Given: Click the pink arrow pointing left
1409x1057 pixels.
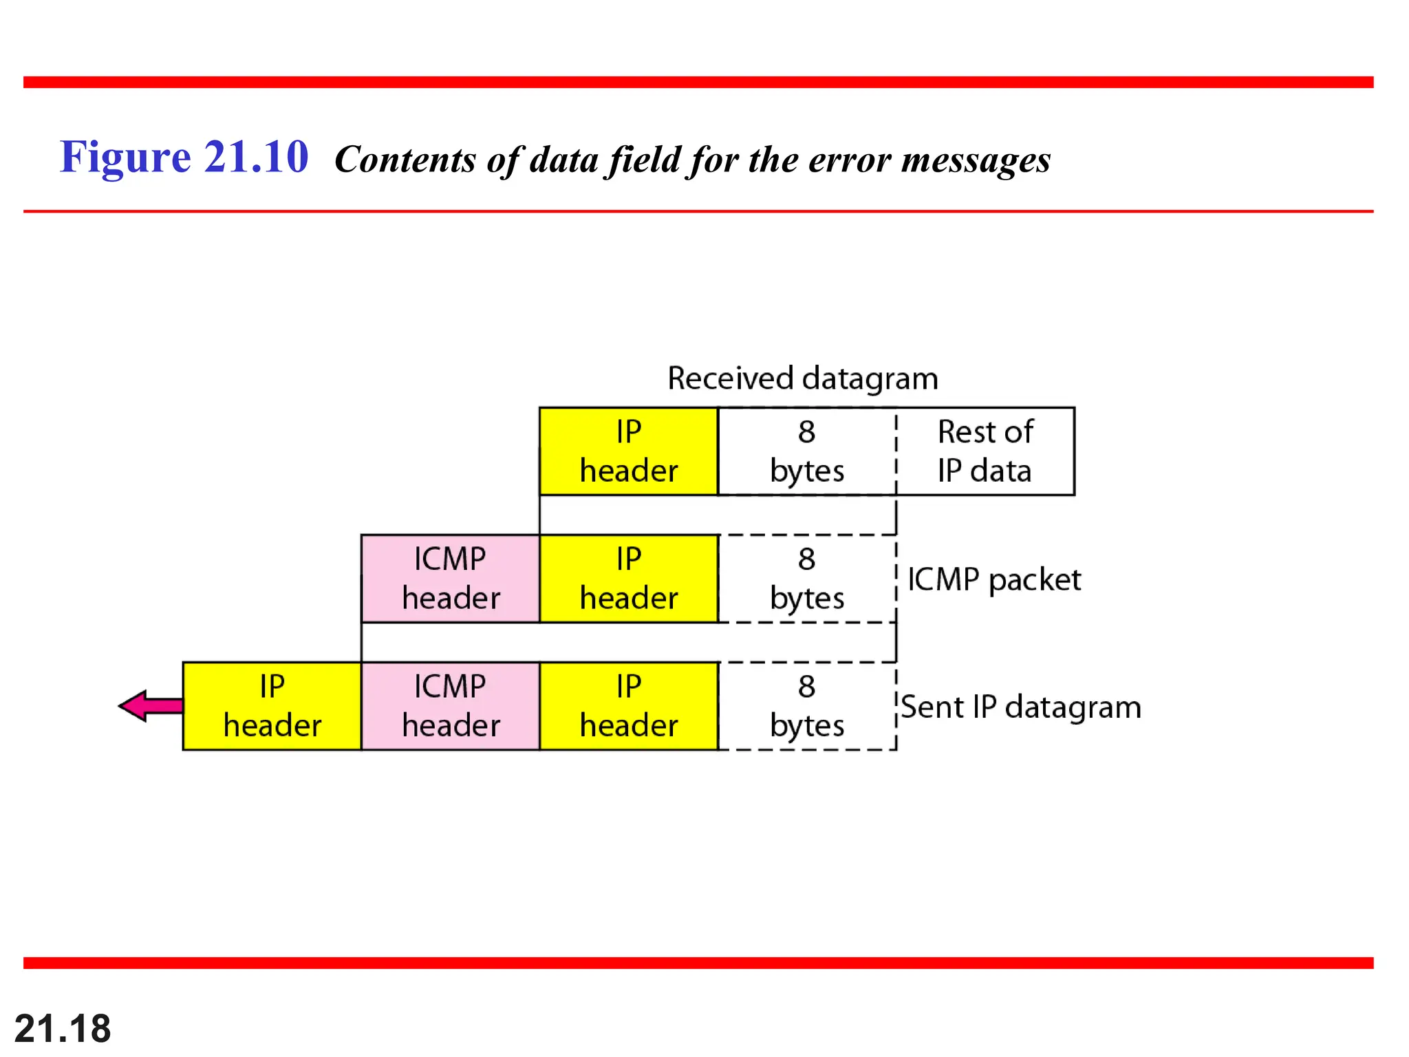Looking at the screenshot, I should click(150, 705).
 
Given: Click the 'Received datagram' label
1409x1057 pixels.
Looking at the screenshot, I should click(802, 378).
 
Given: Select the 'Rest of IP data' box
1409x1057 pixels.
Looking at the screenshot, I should click(985, 451).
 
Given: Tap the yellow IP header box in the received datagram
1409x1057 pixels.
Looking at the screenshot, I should click(629, 451).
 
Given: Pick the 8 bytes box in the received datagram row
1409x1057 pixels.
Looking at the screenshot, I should click(806, 451).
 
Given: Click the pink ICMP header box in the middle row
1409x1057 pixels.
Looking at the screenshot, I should click(451, 579).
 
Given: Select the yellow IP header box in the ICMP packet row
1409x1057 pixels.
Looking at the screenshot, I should click(629, 579).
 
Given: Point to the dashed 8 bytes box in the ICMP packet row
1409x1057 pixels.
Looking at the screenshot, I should click(806, 579).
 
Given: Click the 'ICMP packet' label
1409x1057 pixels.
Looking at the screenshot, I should click(994, 579).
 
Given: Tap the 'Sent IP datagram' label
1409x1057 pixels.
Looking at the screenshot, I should click(1021, 707).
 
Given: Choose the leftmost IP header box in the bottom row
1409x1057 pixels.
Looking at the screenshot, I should click(272, 706).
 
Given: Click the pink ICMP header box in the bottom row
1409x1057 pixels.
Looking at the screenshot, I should click(451, 706).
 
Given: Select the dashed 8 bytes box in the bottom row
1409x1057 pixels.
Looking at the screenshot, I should click(806, 706).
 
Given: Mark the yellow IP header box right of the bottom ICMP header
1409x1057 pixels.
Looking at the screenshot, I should click(629, 706).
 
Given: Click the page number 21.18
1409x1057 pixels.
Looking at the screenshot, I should click(63, 1029).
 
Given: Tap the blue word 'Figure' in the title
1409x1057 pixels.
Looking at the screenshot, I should click(125, 157).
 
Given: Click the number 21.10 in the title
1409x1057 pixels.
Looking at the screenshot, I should click(256, 157).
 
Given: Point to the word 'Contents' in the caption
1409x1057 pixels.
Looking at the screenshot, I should click(405, 160).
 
